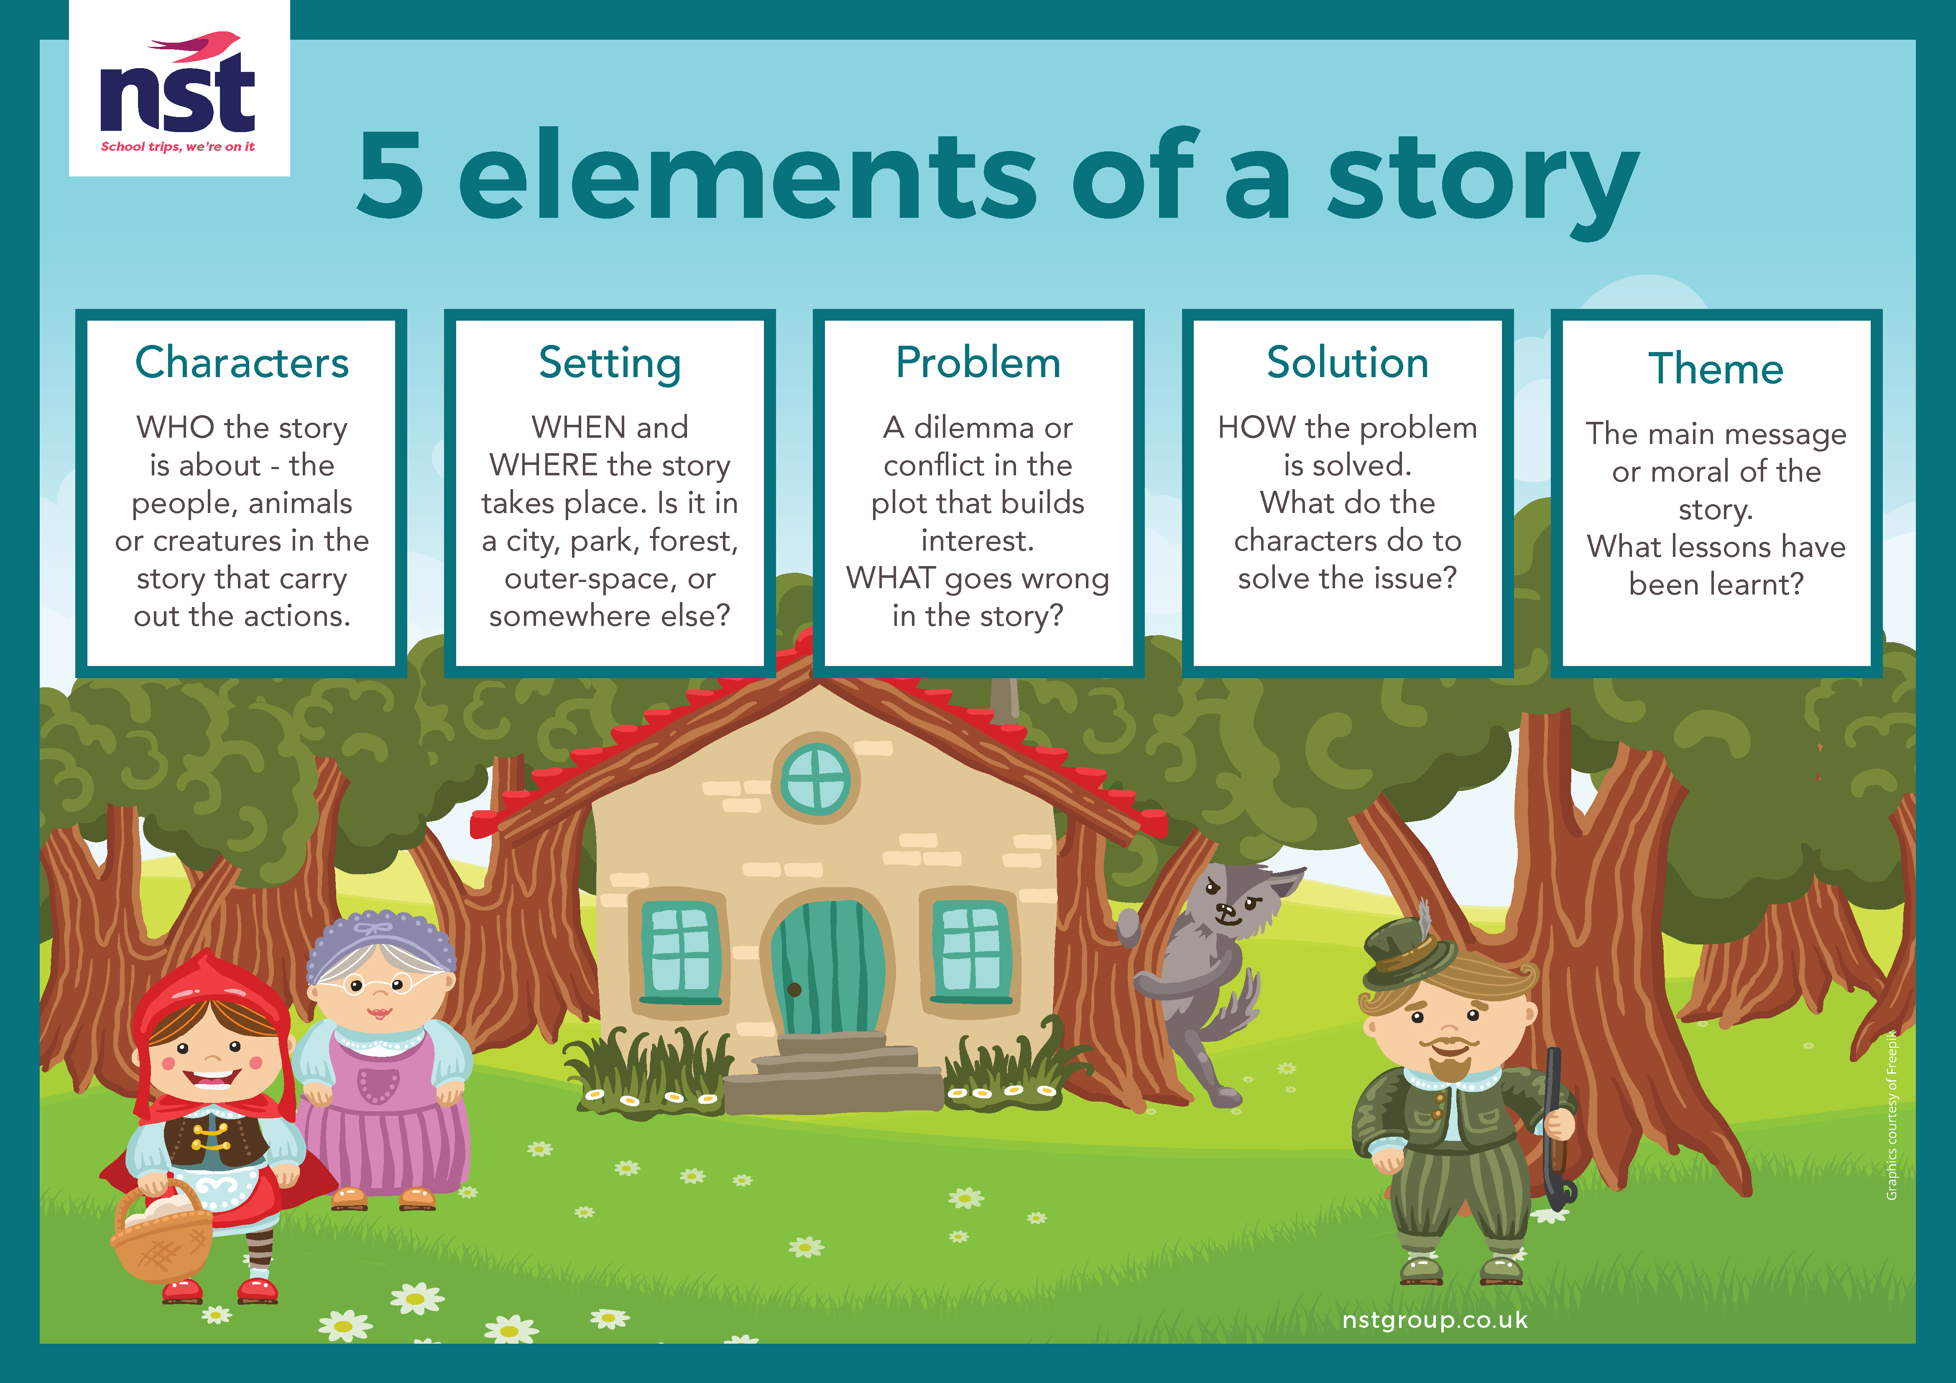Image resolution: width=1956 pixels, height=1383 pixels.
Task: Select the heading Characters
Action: pyautogui.click(x=242, y=363)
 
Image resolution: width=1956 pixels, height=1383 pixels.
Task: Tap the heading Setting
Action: pyautogui.click(x=610, y=365)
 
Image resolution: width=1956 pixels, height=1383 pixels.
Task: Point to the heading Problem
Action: pyautogui.click(x=978, y=363)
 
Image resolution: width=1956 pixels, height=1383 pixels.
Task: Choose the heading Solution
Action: pyautogui.click(x=1347, y=363)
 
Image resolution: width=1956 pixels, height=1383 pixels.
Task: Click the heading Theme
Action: pyautogui.click(x=1716, y=369)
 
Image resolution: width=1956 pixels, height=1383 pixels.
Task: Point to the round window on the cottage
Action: pyautogui.click(x=815, y=778)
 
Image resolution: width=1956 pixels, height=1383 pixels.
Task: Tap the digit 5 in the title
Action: pyautogui.click(x=390, y=175)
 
